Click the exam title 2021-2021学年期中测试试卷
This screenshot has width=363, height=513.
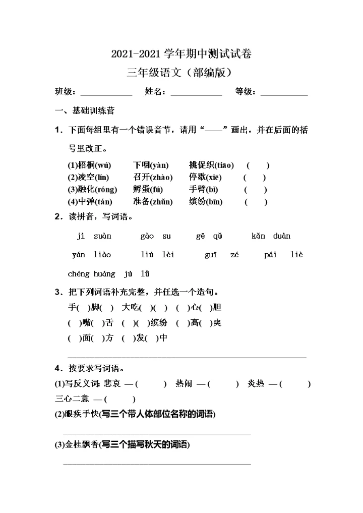click(181, 54)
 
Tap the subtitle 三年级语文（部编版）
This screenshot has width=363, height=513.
click(181, 73)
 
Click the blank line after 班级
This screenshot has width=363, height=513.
click(106, 94)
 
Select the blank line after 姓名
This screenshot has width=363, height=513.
click(197, 94)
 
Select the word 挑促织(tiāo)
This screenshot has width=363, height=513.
click(211, 165)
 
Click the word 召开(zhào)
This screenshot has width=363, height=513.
click(153, 178)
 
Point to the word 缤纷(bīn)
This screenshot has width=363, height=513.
click(206, 202)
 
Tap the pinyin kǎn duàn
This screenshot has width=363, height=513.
click(271, 236)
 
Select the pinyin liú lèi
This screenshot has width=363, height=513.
click(157, 255)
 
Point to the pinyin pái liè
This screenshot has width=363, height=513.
click(283, 255)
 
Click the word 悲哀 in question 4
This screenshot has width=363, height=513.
click(112, 384)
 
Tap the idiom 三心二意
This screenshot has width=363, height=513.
click(72, 399)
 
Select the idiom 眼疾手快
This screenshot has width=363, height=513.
click(83, 415)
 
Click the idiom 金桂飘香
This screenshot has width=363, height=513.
click(83, 445)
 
